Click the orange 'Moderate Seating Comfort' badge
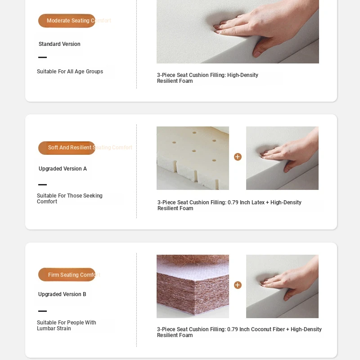[67, 21]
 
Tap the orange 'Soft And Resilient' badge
[67, 148]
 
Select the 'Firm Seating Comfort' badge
[67, 274]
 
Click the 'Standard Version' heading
[59, 44]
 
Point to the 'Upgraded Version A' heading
[63, 168]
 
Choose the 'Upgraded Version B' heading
[62, 294]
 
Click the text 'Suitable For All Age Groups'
[70, 72]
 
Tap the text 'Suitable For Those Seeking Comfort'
[70, 198]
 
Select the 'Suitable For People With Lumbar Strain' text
[66, 325]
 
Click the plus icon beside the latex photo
[238, 157]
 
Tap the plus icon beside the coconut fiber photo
[238, 285]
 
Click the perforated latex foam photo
[193, 158]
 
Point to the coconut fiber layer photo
[193, 286]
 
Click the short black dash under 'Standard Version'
[42, 58]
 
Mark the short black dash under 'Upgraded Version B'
[42, 311]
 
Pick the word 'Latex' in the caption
[258, 202]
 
